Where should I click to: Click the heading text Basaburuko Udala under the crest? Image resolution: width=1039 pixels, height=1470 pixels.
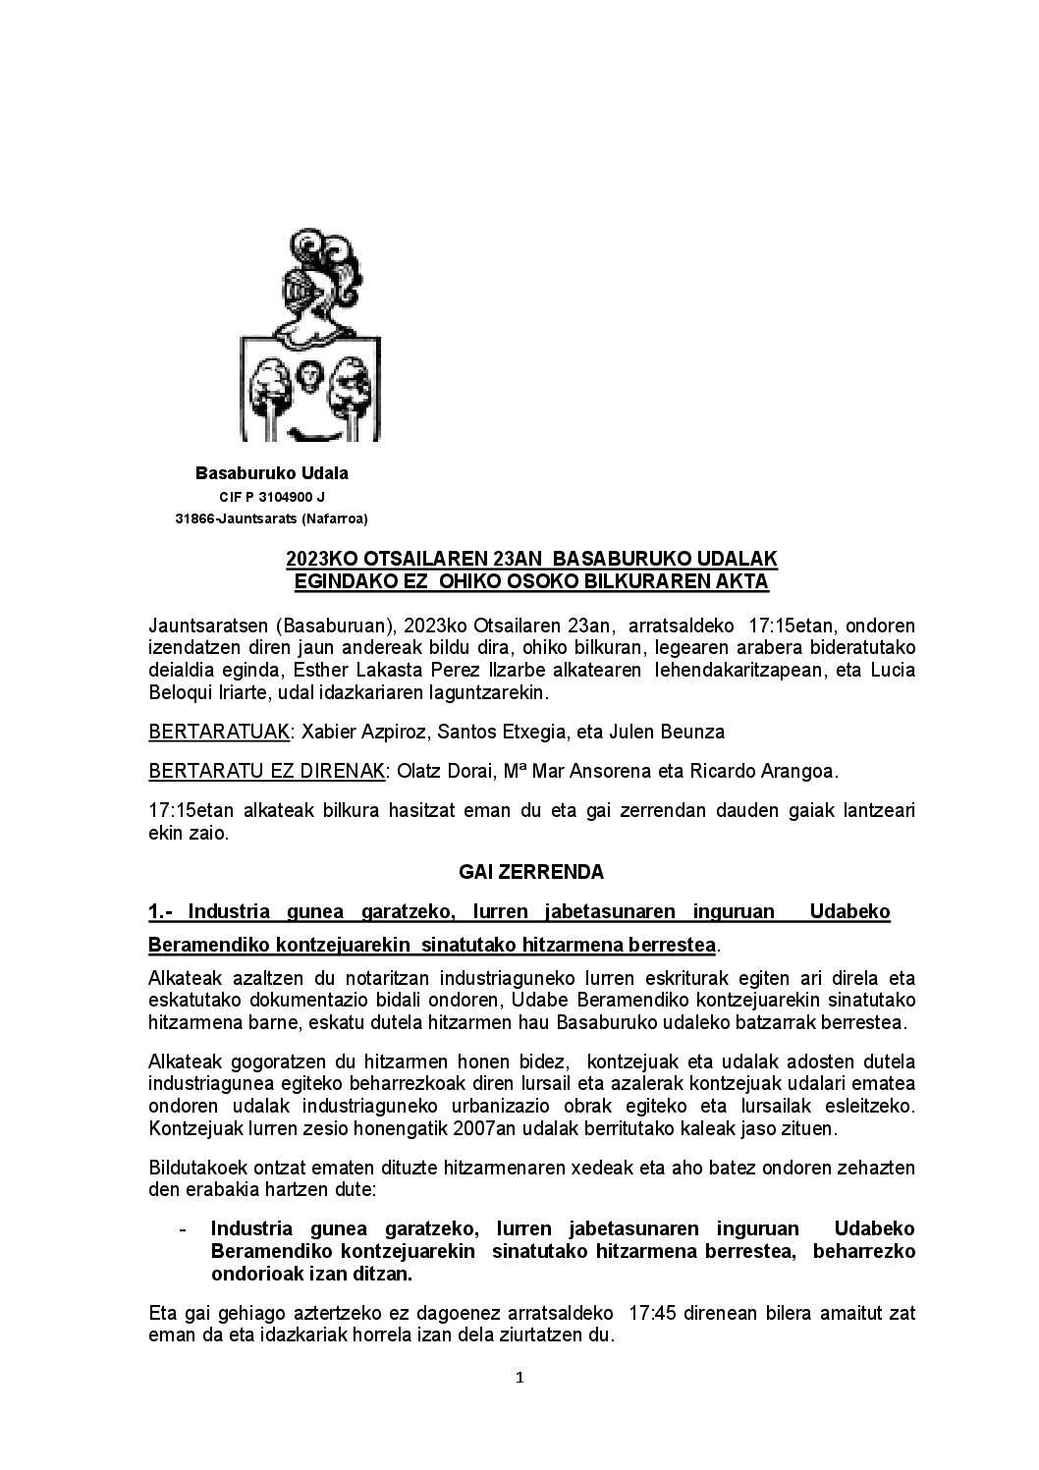pyautogui.click(x=272, y=473)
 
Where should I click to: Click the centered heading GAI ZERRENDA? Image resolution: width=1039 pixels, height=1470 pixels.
pyautogui.click(x=531, y=872)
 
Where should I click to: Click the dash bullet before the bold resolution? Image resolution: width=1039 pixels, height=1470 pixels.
pyautogui.click(x=184, y=1229)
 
